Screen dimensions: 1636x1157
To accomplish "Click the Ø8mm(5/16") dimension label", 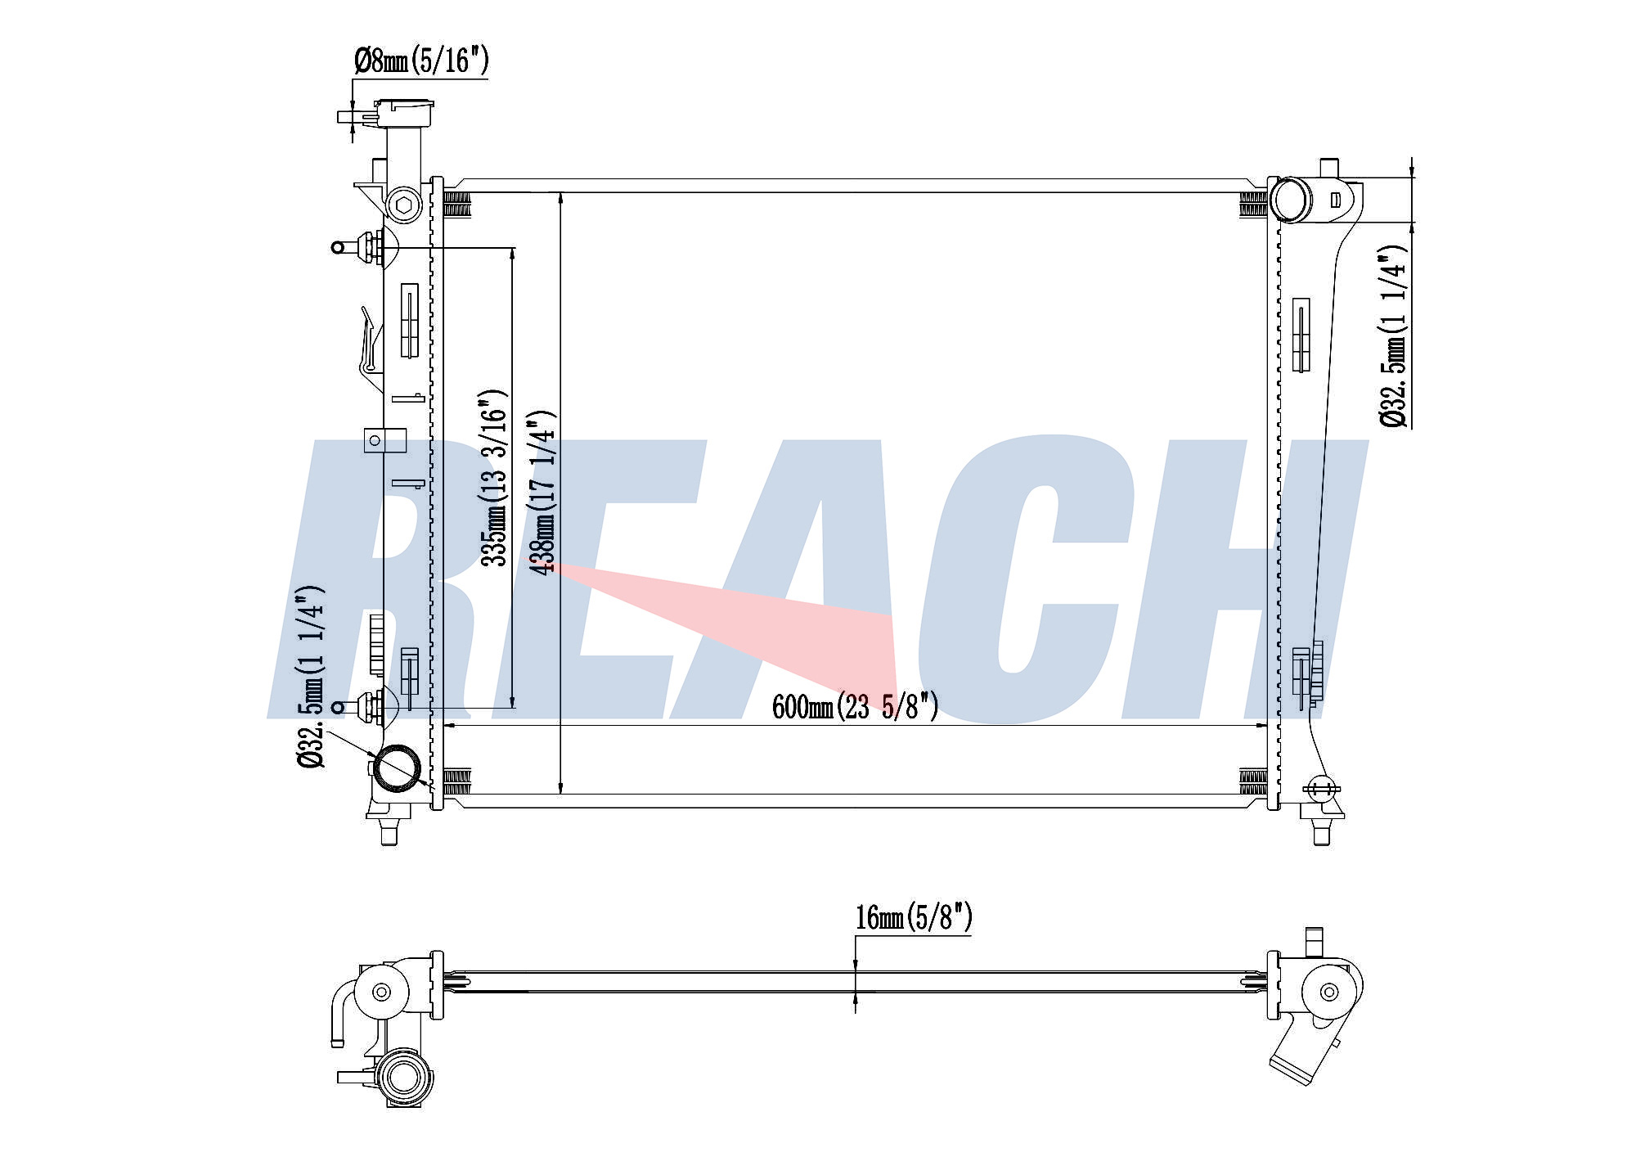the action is pyautogui.click(x=421, y=61).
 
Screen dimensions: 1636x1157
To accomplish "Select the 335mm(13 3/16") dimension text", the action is pyautogui.click(x=494, y=478).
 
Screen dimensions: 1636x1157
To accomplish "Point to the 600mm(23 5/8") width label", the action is pyautogui.click(x=855, y=706).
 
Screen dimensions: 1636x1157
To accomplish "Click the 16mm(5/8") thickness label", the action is pyautogui.click(x=914, y=917).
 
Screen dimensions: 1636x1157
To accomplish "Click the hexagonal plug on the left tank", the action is pyautogui.click(x=402, y=205).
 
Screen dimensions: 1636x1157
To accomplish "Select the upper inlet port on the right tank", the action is pyautogui.click(x=1290, y=199).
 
